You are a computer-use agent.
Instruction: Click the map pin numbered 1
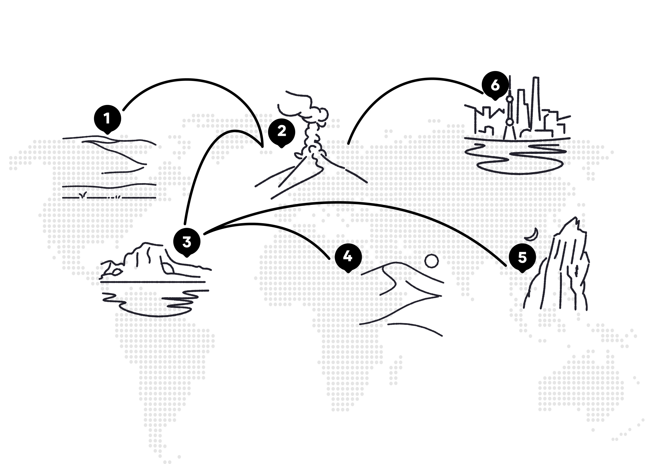pos(107,119)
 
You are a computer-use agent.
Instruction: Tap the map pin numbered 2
pos(281,132)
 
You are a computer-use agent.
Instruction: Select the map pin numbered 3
pos(187,242)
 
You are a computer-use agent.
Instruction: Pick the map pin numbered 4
pos(348,257)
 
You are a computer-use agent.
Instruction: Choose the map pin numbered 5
pos(522,258)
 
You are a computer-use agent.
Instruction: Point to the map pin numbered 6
pos(495,85)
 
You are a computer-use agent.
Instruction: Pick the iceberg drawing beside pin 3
pos(156,262)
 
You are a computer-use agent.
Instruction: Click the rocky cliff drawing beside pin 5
pos(556,266)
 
